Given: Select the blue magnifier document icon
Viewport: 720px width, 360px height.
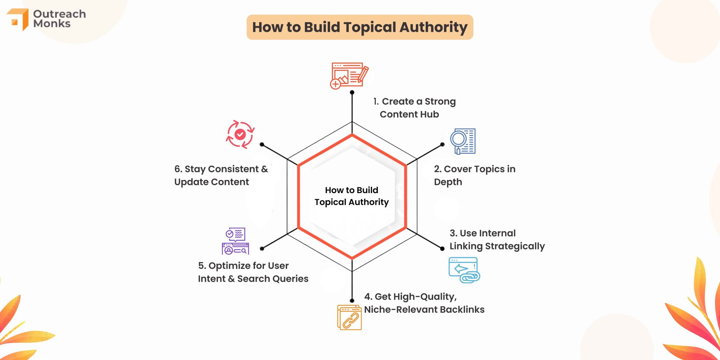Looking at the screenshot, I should tap(463, 141).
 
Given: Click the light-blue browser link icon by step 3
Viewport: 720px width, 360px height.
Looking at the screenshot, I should tap(464, 270).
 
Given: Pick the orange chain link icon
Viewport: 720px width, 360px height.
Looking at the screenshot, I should tap(349, 317).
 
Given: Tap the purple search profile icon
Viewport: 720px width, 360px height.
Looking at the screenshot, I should tap(235, 241).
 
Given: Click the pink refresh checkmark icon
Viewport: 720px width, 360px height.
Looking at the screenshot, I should tap(240, 134).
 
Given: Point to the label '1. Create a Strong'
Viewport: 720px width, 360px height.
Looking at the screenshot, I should tap(414, 102).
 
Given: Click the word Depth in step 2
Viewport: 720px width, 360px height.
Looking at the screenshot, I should tap(448, 182).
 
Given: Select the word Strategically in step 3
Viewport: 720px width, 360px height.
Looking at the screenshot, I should tap(514, 246).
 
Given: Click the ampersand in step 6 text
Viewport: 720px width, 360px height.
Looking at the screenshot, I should tap(264, 169).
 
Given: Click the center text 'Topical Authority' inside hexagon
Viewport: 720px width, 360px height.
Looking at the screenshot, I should tap(351, 202).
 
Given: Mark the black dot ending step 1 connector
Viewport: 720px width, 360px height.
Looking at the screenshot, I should tap(352, 92).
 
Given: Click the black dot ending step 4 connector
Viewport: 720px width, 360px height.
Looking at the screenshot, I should tap(352, 301).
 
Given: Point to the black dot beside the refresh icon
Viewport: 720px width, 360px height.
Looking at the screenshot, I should tap(262, 144).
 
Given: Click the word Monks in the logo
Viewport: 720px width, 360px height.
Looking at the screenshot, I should tap(52, 24).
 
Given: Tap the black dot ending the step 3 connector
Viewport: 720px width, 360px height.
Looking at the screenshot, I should tap(442, 248).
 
